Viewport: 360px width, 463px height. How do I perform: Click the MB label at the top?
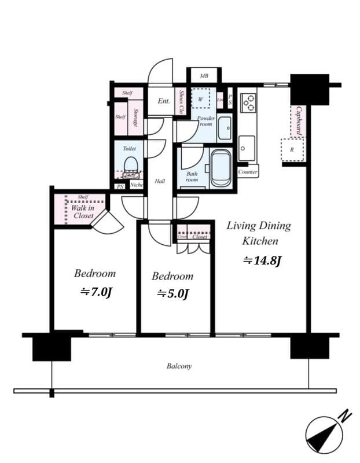204,76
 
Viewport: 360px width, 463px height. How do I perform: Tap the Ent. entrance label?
164,101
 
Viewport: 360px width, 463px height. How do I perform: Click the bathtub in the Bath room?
221,168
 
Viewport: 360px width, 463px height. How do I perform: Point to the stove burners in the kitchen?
248,102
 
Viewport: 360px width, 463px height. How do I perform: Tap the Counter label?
248,172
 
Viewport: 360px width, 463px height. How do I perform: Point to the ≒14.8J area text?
261,261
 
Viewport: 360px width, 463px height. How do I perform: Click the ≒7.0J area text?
95,292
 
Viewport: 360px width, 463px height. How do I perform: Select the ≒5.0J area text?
172,294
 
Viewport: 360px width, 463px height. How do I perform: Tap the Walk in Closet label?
83,211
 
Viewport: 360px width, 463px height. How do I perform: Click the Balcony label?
179,366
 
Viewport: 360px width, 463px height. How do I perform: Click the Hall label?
160,181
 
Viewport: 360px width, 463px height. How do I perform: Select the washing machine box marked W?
201,98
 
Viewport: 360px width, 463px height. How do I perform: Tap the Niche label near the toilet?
137,185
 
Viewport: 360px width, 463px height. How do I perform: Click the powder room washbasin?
224,128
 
